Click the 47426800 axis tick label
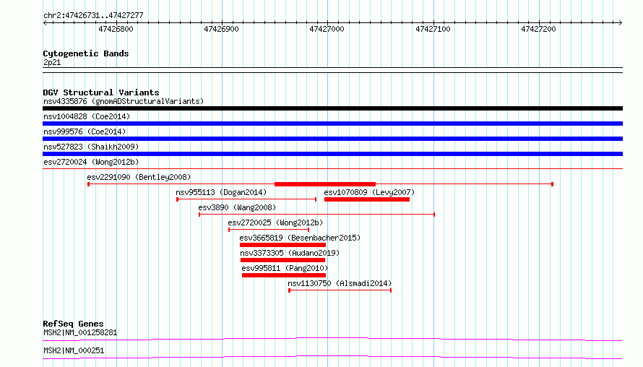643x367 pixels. point(116,29)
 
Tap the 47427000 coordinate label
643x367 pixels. point(327,29)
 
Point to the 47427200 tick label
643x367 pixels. point(538,29)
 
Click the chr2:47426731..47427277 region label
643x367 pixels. point(93,16)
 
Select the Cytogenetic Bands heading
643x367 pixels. point(86,53)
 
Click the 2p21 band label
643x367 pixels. point(52,63)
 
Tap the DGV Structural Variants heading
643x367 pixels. point(101,92)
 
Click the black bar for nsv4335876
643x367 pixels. point(332,108)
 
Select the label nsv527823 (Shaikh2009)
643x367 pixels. point(91,147)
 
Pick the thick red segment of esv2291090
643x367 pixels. point(325,184)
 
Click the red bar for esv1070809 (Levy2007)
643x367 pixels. point(367,199)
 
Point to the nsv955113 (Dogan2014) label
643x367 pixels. point(221,192)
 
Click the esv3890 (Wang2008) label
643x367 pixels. point(237,207)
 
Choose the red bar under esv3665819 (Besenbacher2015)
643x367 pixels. point(283,245)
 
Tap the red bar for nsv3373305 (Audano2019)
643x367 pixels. point(283,260)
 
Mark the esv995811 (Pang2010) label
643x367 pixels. point(285,268)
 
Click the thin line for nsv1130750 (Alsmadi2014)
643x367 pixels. point(340,290)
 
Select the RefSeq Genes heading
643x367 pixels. point(73,324)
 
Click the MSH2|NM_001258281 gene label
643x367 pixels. point(80,332)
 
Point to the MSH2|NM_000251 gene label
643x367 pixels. point(74,350)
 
